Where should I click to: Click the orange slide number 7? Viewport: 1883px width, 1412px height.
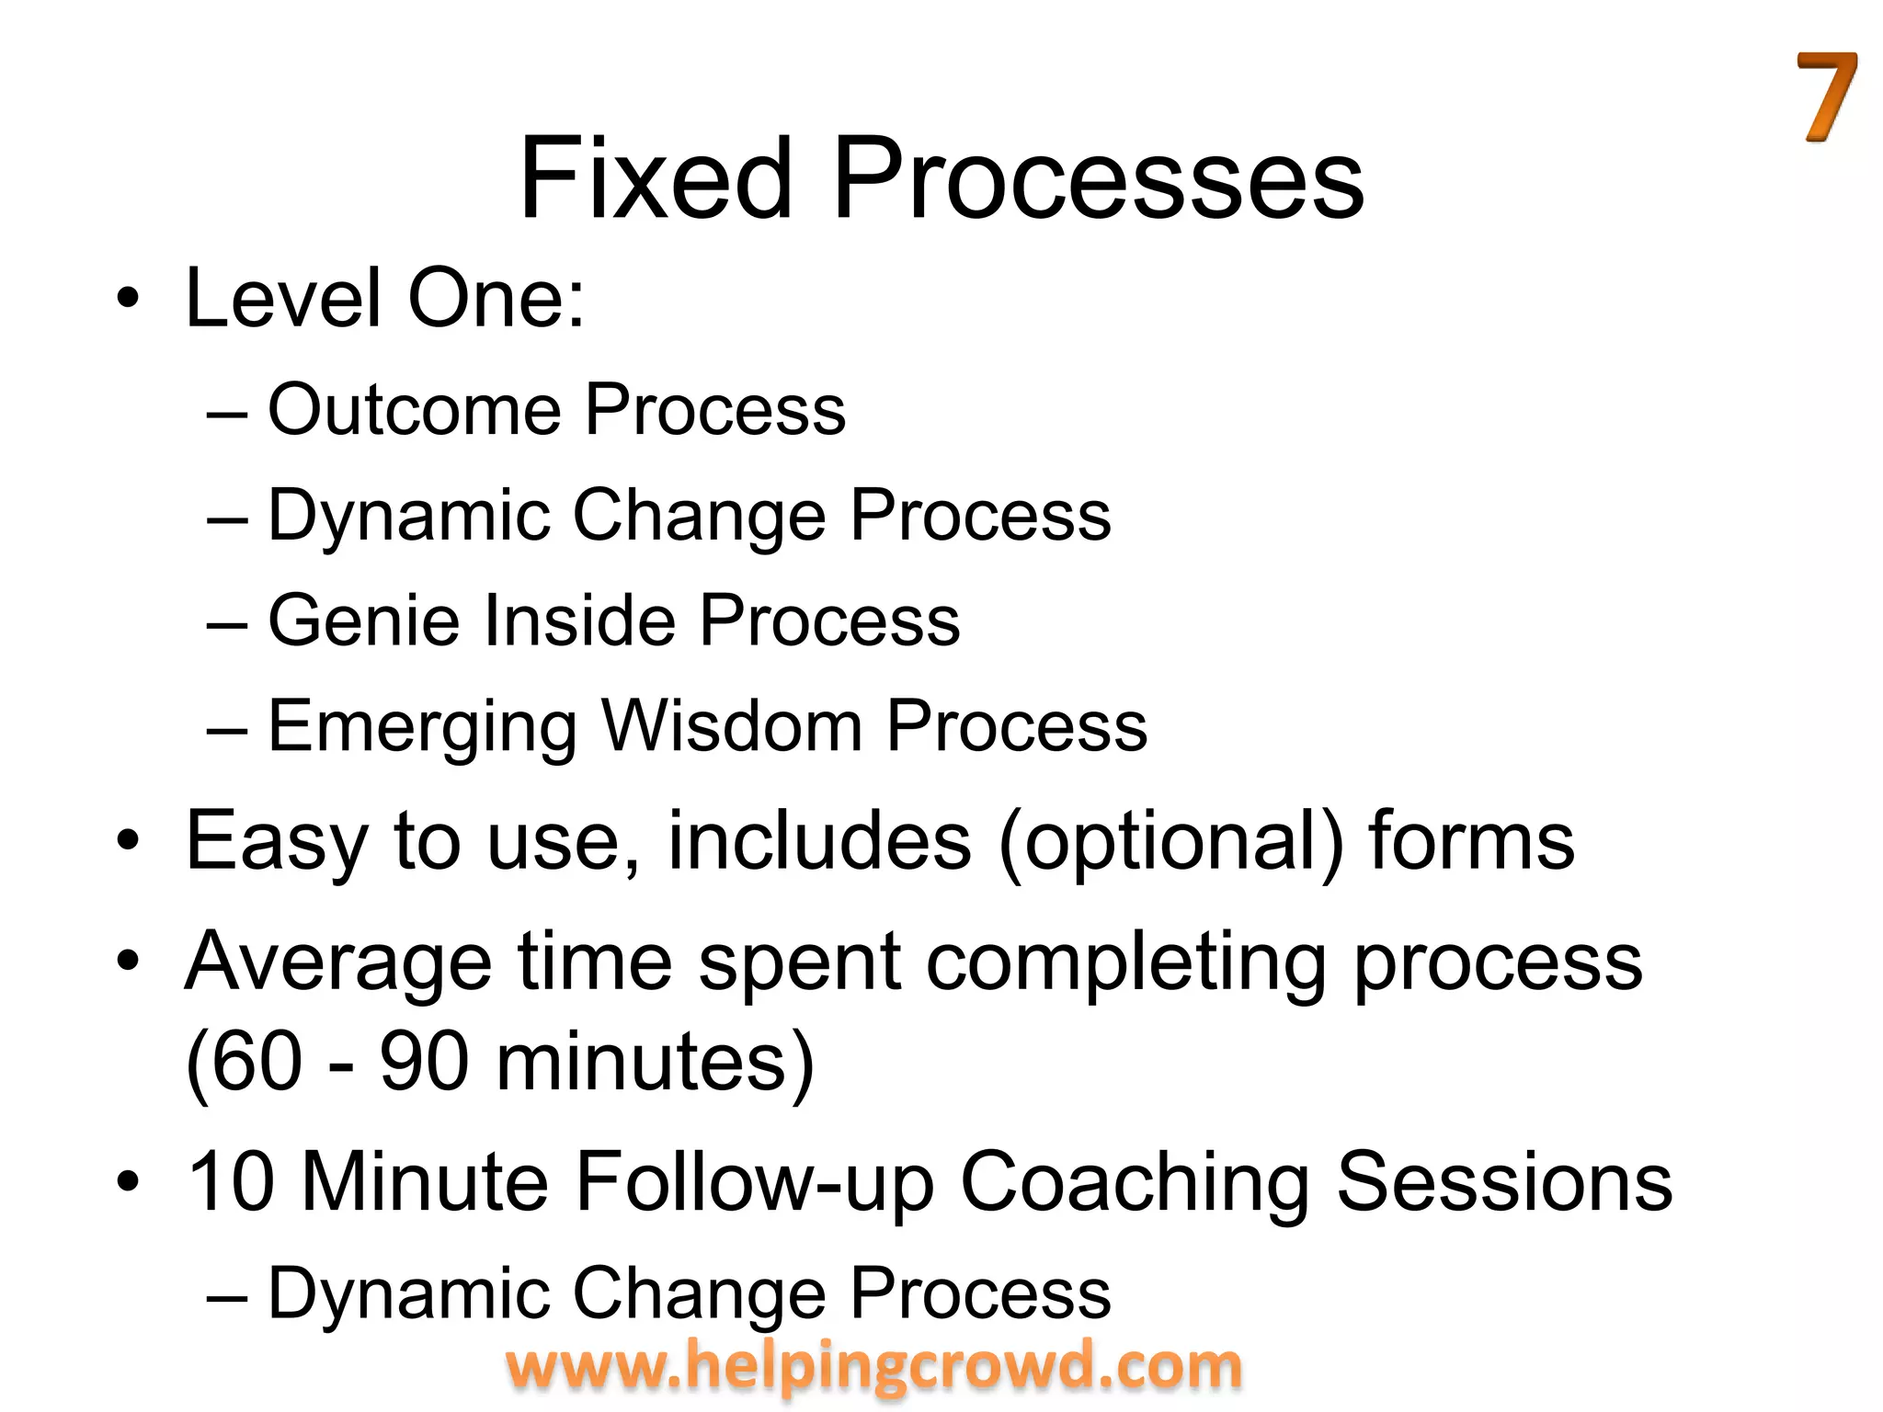pos(1826,97)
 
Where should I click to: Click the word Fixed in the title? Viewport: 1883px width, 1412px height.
pos(655,178)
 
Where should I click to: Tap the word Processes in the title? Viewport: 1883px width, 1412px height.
pos(1098,178)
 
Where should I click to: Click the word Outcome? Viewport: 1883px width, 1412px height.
pos(414,410)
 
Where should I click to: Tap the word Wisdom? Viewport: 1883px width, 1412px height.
pos(732,726)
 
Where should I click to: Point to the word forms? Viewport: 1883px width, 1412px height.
pos(1471,840)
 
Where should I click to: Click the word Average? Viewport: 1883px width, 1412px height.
pos(338,963)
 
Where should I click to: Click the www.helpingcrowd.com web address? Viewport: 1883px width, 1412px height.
pos(873,1366)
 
